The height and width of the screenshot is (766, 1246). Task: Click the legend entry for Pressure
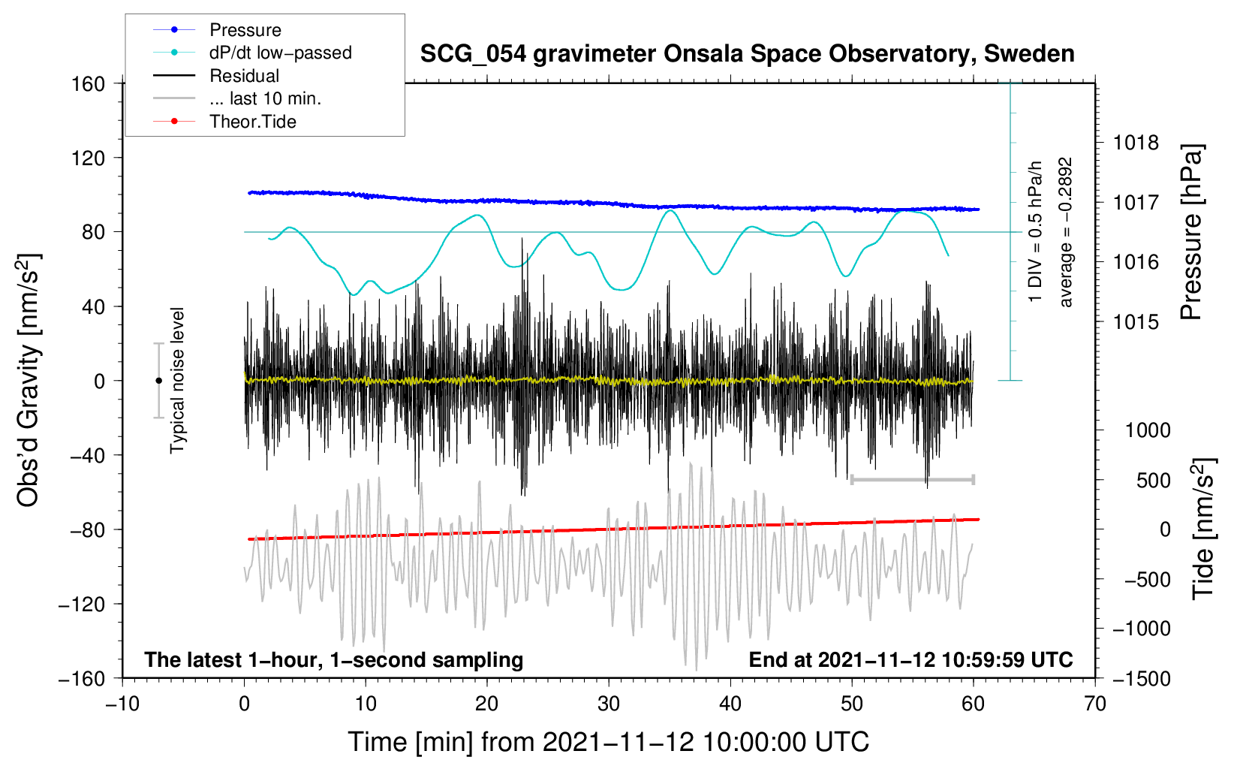coord(245,30)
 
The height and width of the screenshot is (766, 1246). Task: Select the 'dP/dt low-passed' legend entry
coord(280,53)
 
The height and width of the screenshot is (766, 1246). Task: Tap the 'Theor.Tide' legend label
coord(252,122)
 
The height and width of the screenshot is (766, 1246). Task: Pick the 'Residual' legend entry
coord(244,76)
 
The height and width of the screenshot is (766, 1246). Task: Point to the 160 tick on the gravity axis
coord(89,84)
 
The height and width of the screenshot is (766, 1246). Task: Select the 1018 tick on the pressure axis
coord(1136,143)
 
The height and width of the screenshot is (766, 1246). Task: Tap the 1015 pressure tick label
coord(1136,322)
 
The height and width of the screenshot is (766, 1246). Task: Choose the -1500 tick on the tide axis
coord(1142,679)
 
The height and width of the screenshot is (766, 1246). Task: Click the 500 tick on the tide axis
coord(1154,481)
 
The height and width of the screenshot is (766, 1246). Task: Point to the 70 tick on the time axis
coord(1095,704)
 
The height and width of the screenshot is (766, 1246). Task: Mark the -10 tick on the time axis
coord(122,704)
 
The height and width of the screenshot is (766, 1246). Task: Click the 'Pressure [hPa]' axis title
coord(1191,232)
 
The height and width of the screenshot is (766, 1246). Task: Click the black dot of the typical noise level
coord(158,381)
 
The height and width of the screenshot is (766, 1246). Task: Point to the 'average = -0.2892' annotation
coord(1066,232)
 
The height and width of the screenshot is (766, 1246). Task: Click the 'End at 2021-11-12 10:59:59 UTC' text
coord(910,660)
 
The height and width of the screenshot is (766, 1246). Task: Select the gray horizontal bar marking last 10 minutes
coord(912,479)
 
